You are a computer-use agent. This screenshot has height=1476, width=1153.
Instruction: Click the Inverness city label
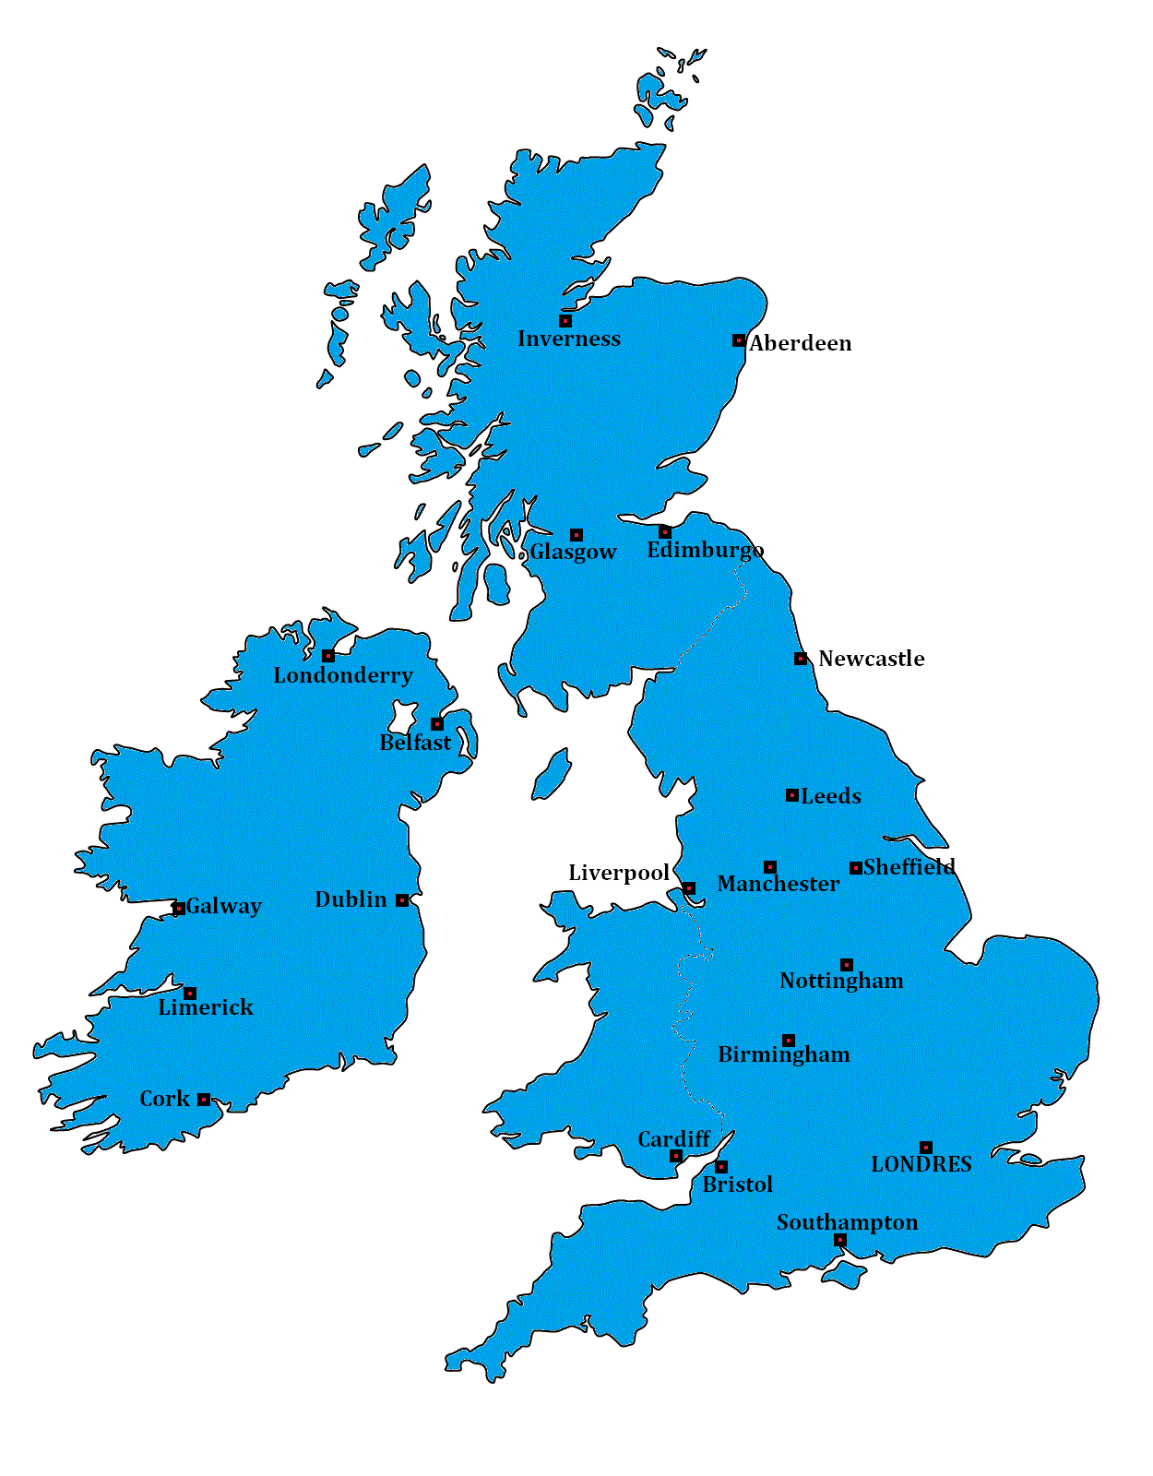tap(568, 339)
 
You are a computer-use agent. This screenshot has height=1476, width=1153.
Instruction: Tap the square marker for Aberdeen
tap(738, 340)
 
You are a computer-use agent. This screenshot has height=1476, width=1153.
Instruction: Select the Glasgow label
tap(573, 552)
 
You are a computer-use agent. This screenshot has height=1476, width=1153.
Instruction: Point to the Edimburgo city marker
tap(664, 532)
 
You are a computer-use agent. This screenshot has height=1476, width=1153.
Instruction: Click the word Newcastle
tap(871, 659)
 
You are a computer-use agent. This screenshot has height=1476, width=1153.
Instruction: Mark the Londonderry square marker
tap(328, 656)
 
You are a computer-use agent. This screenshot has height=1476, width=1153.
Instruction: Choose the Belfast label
tap(415, 743)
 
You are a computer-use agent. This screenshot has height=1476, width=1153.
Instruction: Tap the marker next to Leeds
tap(791, 795)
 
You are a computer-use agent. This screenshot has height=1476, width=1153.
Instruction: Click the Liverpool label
tap(618, 873)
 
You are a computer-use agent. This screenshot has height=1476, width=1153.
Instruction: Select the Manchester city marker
tap(769, 867)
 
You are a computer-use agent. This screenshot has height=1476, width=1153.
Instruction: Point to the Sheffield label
tap(909, 867)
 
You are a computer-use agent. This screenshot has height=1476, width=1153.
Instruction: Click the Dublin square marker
tap(402, 900)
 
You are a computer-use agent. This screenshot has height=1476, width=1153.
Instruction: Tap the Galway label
tap(223, 907)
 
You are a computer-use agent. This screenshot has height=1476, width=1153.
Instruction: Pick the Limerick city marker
tap(190, 994)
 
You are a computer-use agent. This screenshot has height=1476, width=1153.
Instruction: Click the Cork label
tap(164, 1099)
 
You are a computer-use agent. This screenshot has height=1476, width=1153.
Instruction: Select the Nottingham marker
tap(846, 965)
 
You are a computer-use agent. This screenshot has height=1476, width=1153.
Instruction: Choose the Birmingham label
tap(784, 1054)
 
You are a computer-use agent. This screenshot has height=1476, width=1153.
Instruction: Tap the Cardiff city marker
tap(676, 1156)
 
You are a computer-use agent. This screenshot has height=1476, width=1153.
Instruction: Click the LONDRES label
tap(921, 1164)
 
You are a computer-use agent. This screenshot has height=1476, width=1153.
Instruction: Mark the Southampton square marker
tap(839, 1240)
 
